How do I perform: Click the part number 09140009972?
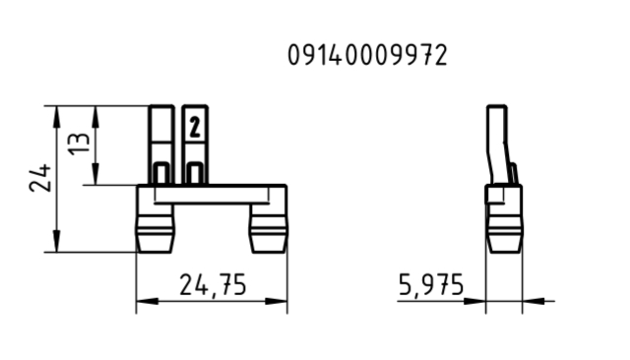tap(367, 55)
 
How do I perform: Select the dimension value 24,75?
tap(213, 285)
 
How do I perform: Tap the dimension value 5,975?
tap(431, 285)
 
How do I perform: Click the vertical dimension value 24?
tap(40, 177)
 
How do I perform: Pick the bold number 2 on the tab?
tap(195, 127)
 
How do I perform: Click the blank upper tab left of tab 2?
tap(161, 145)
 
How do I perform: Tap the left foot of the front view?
tap(156, 233)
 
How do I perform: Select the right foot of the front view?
tap(269, 233)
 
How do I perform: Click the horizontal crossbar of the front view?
tap(213, 194)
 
